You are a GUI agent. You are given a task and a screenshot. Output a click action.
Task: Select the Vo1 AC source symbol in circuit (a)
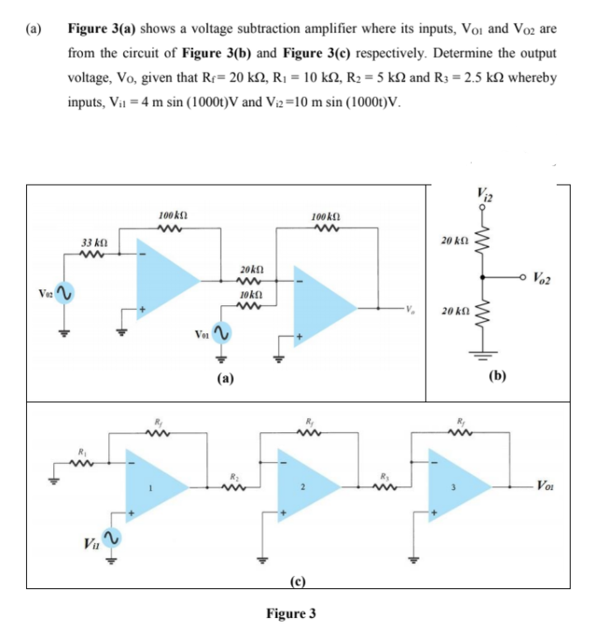coord(223,333)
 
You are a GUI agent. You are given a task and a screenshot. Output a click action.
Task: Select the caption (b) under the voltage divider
coord(497,379)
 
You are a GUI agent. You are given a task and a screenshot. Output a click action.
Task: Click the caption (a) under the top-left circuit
coord(226,379)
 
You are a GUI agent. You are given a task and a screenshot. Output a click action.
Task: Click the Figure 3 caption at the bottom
coord(291,613)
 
